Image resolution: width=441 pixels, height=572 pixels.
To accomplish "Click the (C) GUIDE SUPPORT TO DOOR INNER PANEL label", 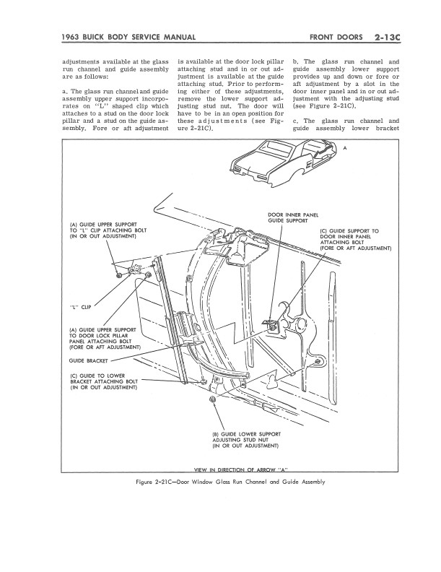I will tap(354, 239).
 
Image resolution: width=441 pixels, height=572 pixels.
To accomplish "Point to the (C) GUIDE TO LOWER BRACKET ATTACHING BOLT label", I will tap(103, 381).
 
